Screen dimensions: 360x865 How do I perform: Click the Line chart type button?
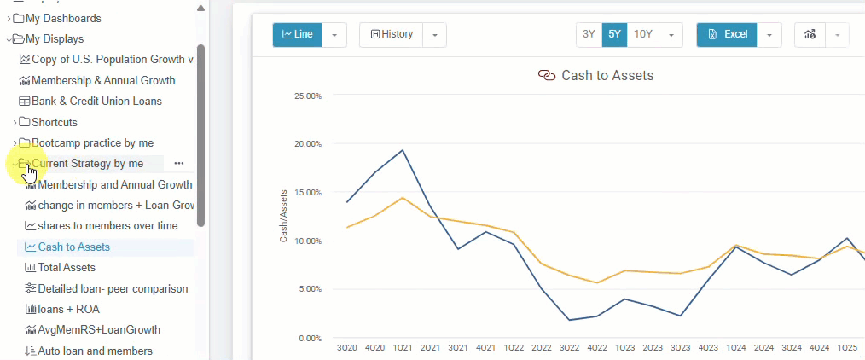(297, 35)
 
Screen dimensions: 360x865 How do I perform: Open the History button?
(392, 35)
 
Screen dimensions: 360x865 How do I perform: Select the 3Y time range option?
(589, 35)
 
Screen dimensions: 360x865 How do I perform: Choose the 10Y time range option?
(643, 35)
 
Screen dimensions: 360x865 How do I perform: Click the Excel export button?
(727, 35)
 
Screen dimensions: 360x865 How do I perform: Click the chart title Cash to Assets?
(607, 76)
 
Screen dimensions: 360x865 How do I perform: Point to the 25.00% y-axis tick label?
(307, 96)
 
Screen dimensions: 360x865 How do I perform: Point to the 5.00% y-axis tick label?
(307, 289)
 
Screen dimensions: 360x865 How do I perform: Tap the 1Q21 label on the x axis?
(403, 348)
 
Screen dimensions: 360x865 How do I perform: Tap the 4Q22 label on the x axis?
(596, 348)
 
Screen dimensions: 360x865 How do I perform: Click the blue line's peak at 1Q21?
(402, 150)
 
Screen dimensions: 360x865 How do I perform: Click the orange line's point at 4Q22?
(597, 282)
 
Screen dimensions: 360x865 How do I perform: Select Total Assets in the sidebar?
(68, 268)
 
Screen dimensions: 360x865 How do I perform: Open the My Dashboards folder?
(63, 18)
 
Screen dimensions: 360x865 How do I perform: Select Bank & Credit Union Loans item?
(96, 101)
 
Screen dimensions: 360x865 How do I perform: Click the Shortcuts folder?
(54, 122)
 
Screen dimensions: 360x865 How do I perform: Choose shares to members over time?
(107, 226)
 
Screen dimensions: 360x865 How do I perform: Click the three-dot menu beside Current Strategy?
(178, 163)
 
